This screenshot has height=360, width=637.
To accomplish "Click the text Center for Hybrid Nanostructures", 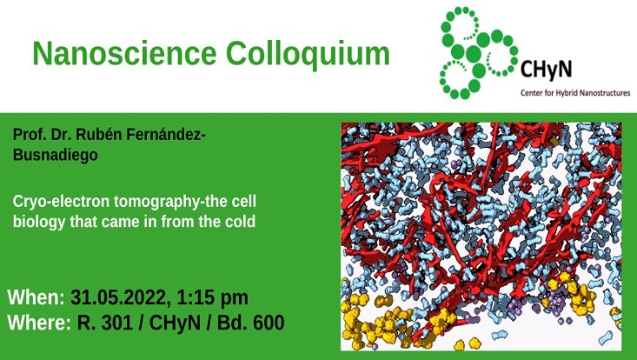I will coord(574,91).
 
